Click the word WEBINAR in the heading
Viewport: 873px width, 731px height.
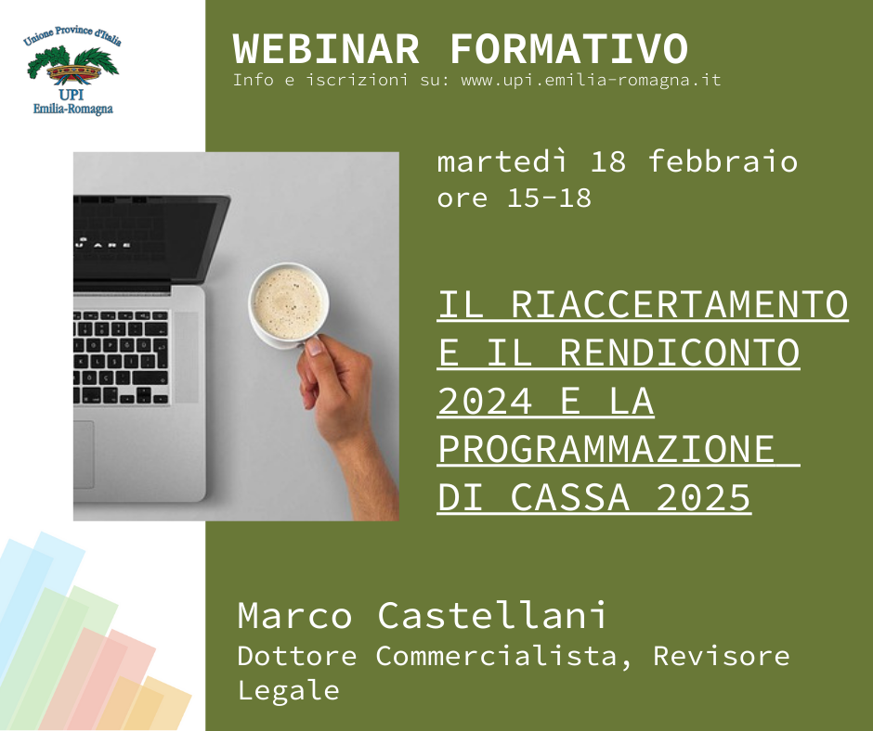click(x=326, y=49)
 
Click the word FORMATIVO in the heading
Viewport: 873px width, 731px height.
click(x=568, y=49)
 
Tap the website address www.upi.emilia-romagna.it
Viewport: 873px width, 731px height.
click(x=591, y=80)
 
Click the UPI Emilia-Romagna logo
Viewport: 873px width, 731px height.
click(x=73, y=70)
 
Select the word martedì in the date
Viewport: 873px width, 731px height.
click(x=502, y=162)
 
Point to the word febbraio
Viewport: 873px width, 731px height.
click(x=723, y=161)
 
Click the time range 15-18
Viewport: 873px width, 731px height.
click(x=549, y=198)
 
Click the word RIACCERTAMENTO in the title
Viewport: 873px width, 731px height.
click(x=679, y=304)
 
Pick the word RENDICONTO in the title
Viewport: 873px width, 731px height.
click(x=680, y=353)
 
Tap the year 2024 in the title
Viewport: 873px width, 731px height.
click(x=485, y=401)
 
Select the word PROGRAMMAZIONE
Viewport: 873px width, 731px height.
click(x=606, y=449)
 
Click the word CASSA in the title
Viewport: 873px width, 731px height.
click(x=569, y=497)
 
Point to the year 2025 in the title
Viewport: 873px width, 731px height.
click(x=704, y=497)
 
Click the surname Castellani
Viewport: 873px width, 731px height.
click(x=491, y=615)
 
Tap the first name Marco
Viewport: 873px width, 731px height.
click(x=294, y=615)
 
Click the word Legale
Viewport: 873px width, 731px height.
click(x=289, y=690)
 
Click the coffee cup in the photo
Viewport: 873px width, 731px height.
click(x=288, y=305)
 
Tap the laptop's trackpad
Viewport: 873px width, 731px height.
click(x=84, y=455)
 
